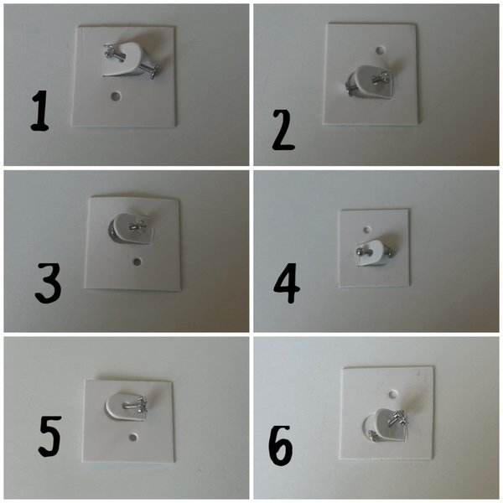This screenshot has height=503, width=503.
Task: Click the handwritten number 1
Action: pos(39,112)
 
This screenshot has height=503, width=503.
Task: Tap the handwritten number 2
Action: pos(283,131)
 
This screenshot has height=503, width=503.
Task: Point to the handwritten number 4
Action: pos(287,285)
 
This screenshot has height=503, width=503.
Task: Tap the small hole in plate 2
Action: pos(381,50)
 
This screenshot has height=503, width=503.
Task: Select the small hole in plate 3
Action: pos(137,262)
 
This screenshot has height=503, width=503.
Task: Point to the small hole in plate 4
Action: pos(366,226)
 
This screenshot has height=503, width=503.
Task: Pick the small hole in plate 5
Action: pos(132,437)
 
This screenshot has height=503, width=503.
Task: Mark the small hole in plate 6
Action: pos(392,391)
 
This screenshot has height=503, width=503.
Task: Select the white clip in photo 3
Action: pos(128,229)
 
